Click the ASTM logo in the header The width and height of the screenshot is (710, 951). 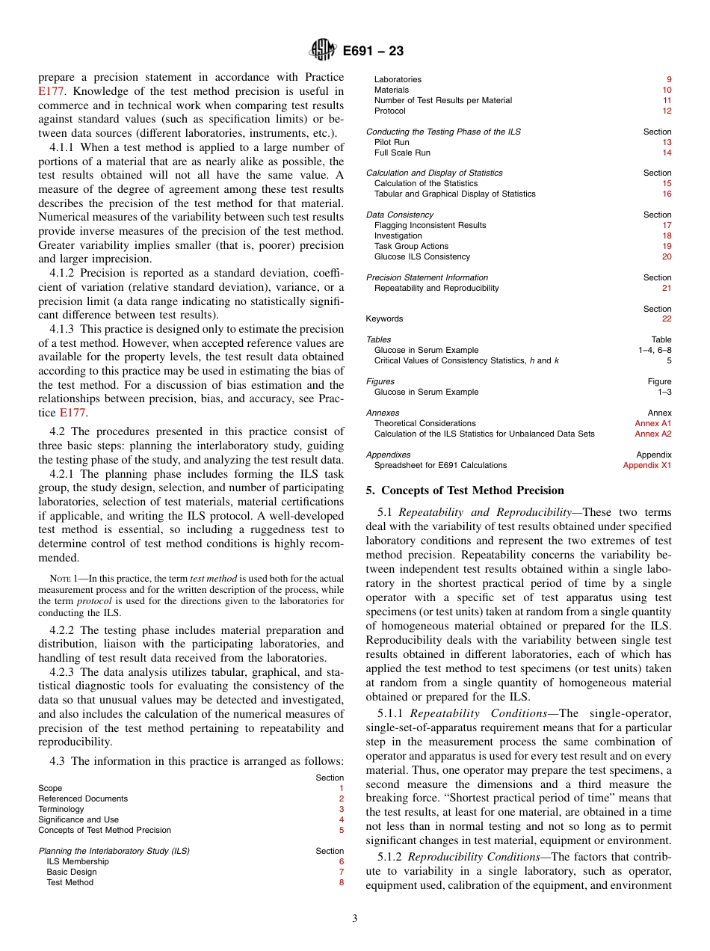pyautogui.click(x=323, y=51)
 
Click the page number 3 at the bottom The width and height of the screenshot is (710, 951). pyautogui.click(x=355, y=918)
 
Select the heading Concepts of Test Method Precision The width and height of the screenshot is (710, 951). pyautogui.click(x=472, y=490)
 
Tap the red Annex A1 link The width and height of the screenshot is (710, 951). pyautogui.click(x=652, y=423)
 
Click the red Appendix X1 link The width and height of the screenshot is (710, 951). pyautogui.click(x=647, y=465)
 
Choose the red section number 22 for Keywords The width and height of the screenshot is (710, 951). pyautogui.click(x=667, y=318)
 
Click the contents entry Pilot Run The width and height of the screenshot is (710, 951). pyautogui.click(x=392, y=142)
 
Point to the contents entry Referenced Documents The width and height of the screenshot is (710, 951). pyautogui.click(x=83, y=798)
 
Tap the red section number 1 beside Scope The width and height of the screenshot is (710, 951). pyautogui.click(x=342, y=788)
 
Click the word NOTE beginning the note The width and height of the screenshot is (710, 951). pyautogui.click(x=59, y=579)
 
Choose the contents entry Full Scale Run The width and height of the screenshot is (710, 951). pyautogui.click(x=402, y=153)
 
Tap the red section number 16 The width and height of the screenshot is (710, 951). pyautogui.click(x=667, y=194)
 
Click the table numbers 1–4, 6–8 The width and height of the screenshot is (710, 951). pyautogui.click(x=654, y=350)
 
